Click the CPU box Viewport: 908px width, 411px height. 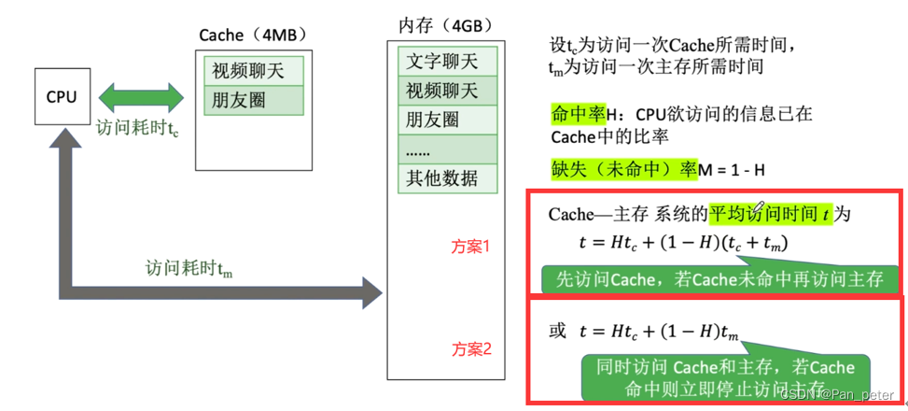[x=63, y=96]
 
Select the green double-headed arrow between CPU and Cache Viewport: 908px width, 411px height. [x=141, y=97]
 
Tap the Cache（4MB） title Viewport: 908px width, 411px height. [x=253, y=35]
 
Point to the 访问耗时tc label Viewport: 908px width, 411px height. [x=137, y=128]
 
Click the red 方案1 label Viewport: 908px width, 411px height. [x=471, y=248]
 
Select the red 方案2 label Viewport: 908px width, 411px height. [x=471, y=349]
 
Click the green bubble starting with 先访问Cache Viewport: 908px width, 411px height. [x=719, y=278]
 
